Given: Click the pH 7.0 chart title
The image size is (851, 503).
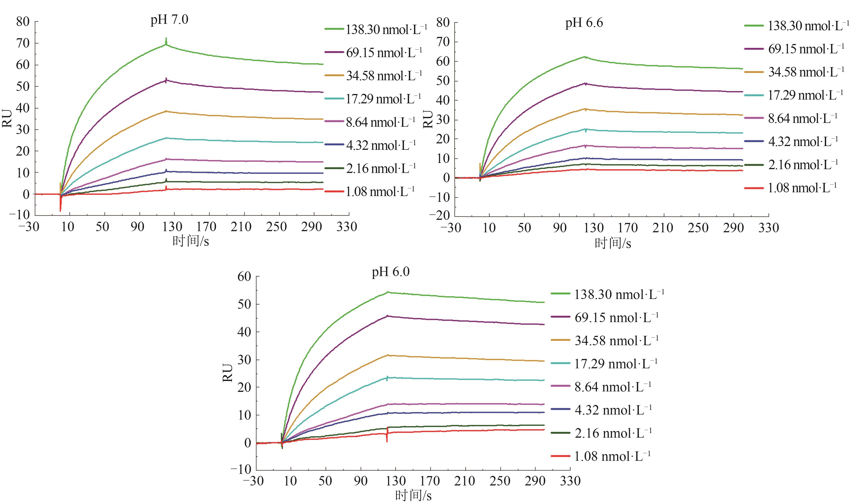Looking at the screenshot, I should click(169, 20).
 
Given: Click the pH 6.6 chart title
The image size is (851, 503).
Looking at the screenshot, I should click(584, 23).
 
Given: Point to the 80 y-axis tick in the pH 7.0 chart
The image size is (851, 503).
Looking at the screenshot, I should click(23, 22).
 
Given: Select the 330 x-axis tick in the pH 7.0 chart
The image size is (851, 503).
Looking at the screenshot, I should click(347, 227).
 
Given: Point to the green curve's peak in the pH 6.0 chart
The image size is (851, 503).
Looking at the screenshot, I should click(387, 292).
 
